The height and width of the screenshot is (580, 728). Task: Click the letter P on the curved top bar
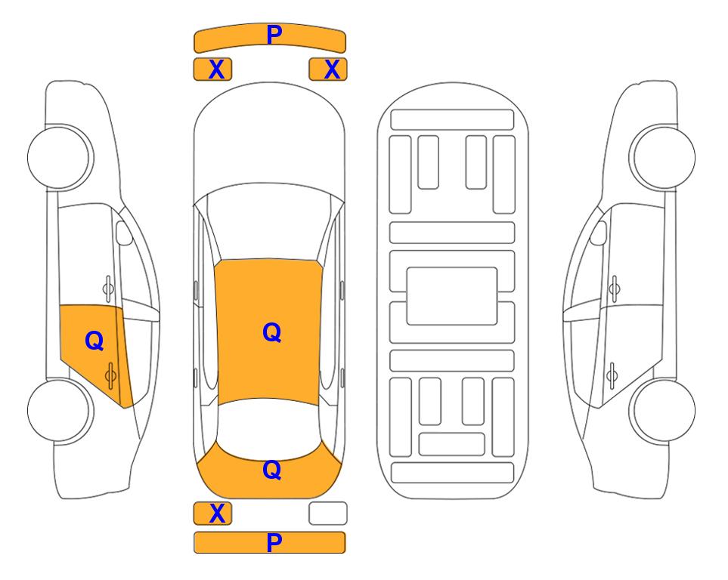(x=274, y=35)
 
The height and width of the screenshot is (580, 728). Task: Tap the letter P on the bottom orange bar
(x=274, y=542)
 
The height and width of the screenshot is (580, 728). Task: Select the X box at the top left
(x=212, y=69)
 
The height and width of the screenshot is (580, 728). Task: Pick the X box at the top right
(x=328, y=69)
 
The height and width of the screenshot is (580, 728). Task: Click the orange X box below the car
(x=212, y=514)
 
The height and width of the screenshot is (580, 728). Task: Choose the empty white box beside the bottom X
(x=328, y=514)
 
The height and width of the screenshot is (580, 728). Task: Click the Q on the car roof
(x=272, y=333)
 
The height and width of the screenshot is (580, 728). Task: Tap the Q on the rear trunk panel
(x=272, y=470)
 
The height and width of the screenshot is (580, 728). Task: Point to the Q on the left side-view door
(x=94, y=341)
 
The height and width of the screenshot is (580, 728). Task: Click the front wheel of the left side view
(x=60, y=157)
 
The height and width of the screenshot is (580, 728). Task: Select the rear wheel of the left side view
(x=60, y=410)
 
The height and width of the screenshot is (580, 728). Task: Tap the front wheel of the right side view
(x=662, y=157)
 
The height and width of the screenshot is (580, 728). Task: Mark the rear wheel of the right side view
(x=662, y=410)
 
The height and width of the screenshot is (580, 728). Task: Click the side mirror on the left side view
(x=123, y=233)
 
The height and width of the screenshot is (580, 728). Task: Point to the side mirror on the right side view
(x=599, y=233)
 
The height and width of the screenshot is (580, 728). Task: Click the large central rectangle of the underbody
(x=452, y=296)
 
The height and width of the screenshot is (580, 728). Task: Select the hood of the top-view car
(x=269, y=139)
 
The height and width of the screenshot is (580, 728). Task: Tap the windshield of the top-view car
(x=269, y=223)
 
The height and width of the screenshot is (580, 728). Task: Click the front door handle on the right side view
(x=614, y=288)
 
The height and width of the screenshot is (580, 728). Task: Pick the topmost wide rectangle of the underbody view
(x=452, y=120)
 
